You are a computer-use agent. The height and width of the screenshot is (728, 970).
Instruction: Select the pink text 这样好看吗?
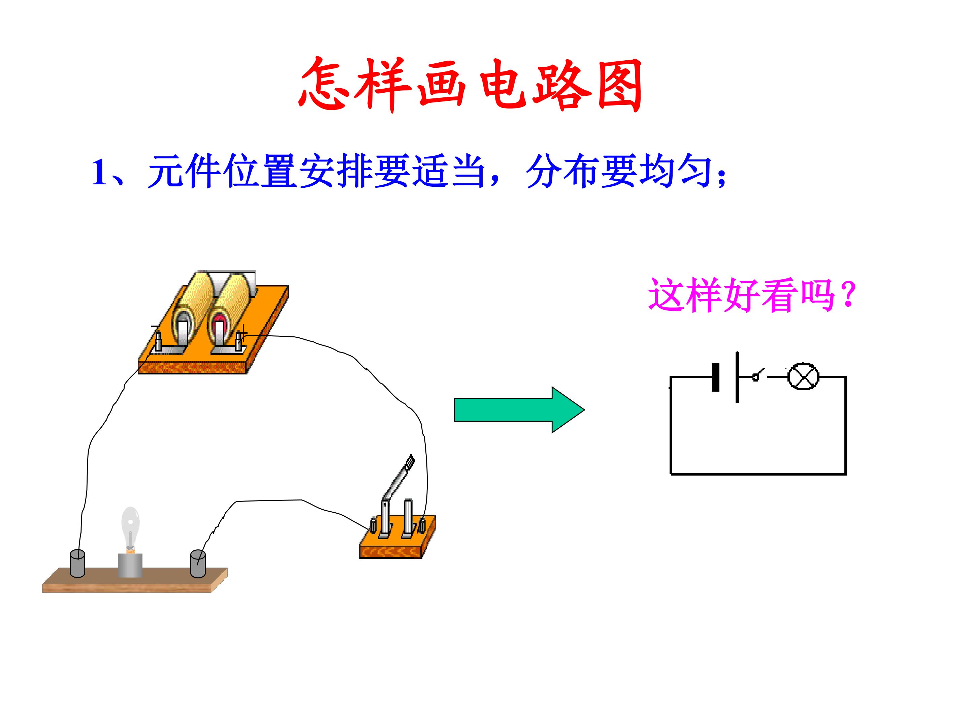coord(752,295)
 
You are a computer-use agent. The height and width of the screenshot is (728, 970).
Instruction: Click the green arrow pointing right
coord(519,410)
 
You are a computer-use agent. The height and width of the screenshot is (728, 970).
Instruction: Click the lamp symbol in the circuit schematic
coord(803,376)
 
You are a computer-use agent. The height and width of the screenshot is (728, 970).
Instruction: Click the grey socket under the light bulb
coord(130,565)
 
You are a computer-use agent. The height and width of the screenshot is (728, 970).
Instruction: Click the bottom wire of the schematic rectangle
coord(758,474)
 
